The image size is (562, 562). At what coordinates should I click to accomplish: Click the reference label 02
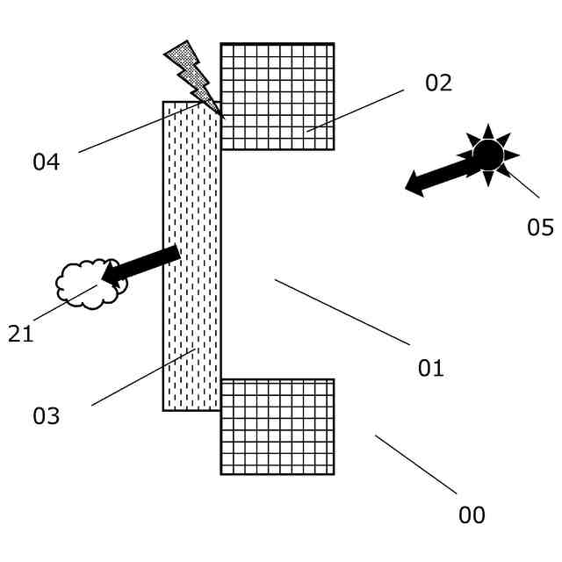(438, 83)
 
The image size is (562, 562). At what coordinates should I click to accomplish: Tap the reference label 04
(46, 162)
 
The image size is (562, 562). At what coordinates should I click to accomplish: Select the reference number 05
(540, 228)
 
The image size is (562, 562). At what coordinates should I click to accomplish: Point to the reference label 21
(20, 335)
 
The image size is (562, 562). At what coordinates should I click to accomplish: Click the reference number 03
(46, 416)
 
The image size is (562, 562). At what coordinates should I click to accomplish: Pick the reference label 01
(430, 369)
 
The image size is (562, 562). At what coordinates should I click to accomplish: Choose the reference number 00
(472, 515)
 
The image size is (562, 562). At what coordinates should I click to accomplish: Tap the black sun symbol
(488, 155)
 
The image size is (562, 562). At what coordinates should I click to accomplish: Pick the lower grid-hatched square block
(277, 427)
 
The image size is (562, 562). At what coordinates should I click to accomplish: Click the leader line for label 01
(342, 312)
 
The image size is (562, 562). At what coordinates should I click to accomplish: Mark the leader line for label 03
(143, 378)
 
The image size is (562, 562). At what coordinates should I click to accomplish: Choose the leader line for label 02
(356, 111)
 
